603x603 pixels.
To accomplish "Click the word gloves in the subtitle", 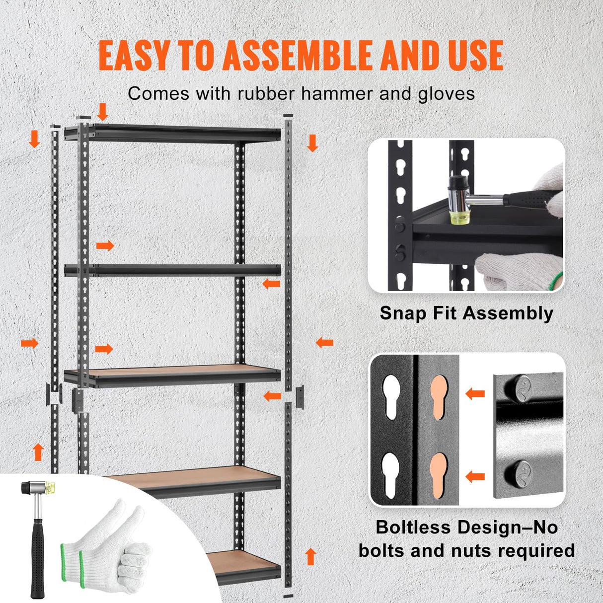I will pos(446,93).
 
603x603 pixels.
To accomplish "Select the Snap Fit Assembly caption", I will pos(466,313).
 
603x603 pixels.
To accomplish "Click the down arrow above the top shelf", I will pos(103,112).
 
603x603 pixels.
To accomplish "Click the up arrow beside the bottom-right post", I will pos(311,556).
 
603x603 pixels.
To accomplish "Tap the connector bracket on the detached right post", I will pos(299,396).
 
